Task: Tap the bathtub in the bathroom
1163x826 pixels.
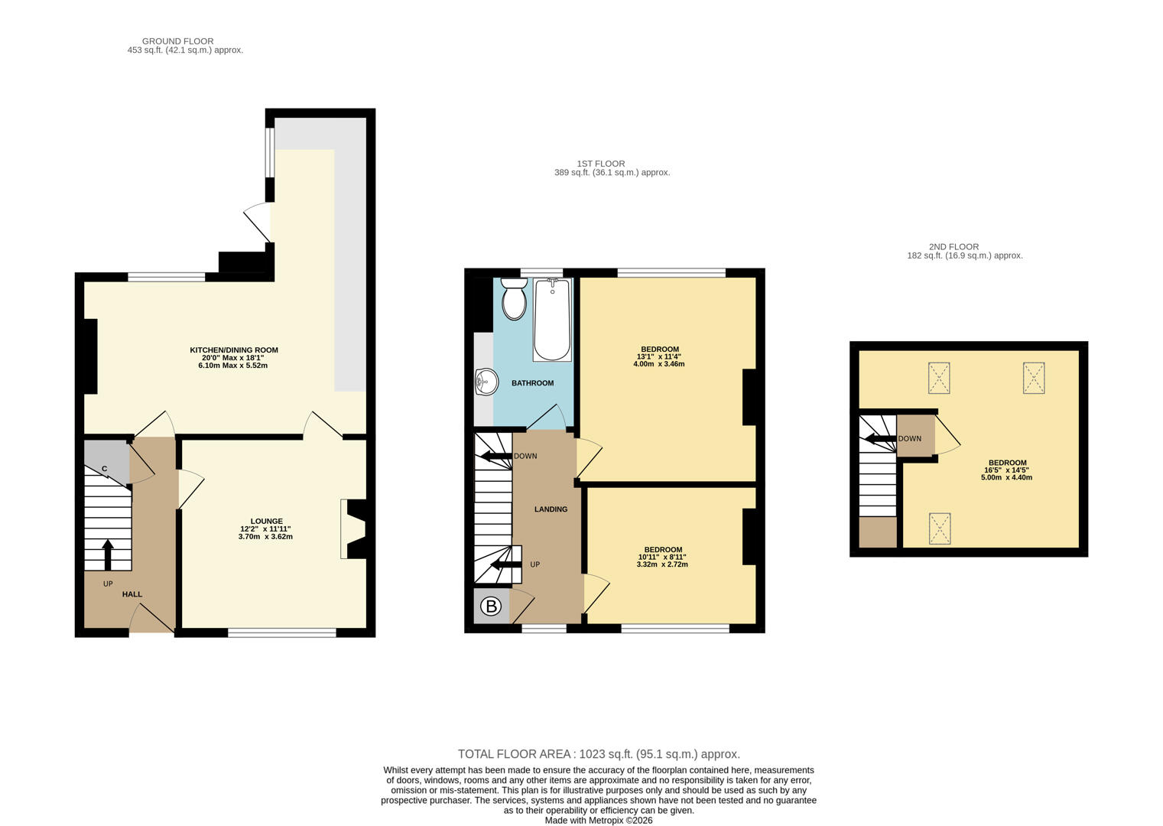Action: point(552,319)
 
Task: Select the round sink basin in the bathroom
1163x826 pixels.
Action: point(486,382)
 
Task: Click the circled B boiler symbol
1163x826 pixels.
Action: point(491,606)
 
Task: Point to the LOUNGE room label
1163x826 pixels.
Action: point(266,522)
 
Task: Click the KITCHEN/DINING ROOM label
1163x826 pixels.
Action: point(234,350)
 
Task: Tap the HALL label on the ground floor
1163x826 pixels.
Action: point(132,594)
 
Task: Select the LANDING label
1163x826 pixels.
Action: point(551,509)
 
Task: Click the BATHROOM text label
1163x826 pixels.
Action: point(533,383)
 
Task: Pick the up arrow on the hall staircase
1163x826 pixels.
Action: point(108,554)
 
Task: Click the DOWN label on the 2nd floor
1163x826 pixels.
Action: point(910,439)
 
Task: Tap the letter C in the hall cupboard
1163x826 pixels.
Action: point(104,469)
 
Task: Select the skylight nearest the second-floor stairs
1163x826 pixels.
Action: point(940,528)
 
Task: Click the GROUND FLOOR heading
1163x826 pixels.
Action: point(177,41)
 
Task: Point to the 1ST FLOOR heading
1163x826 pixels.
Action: point(601,164)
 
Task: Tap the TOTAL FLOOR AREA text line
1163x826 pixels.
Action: point(599,754)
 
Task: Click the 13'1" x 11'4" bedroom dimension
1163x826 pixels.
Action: point(659,356)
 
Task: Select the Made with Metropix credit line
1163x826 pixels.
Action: point(598,821)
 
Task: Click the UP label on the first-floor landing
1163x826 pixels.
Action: point(534,564)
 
